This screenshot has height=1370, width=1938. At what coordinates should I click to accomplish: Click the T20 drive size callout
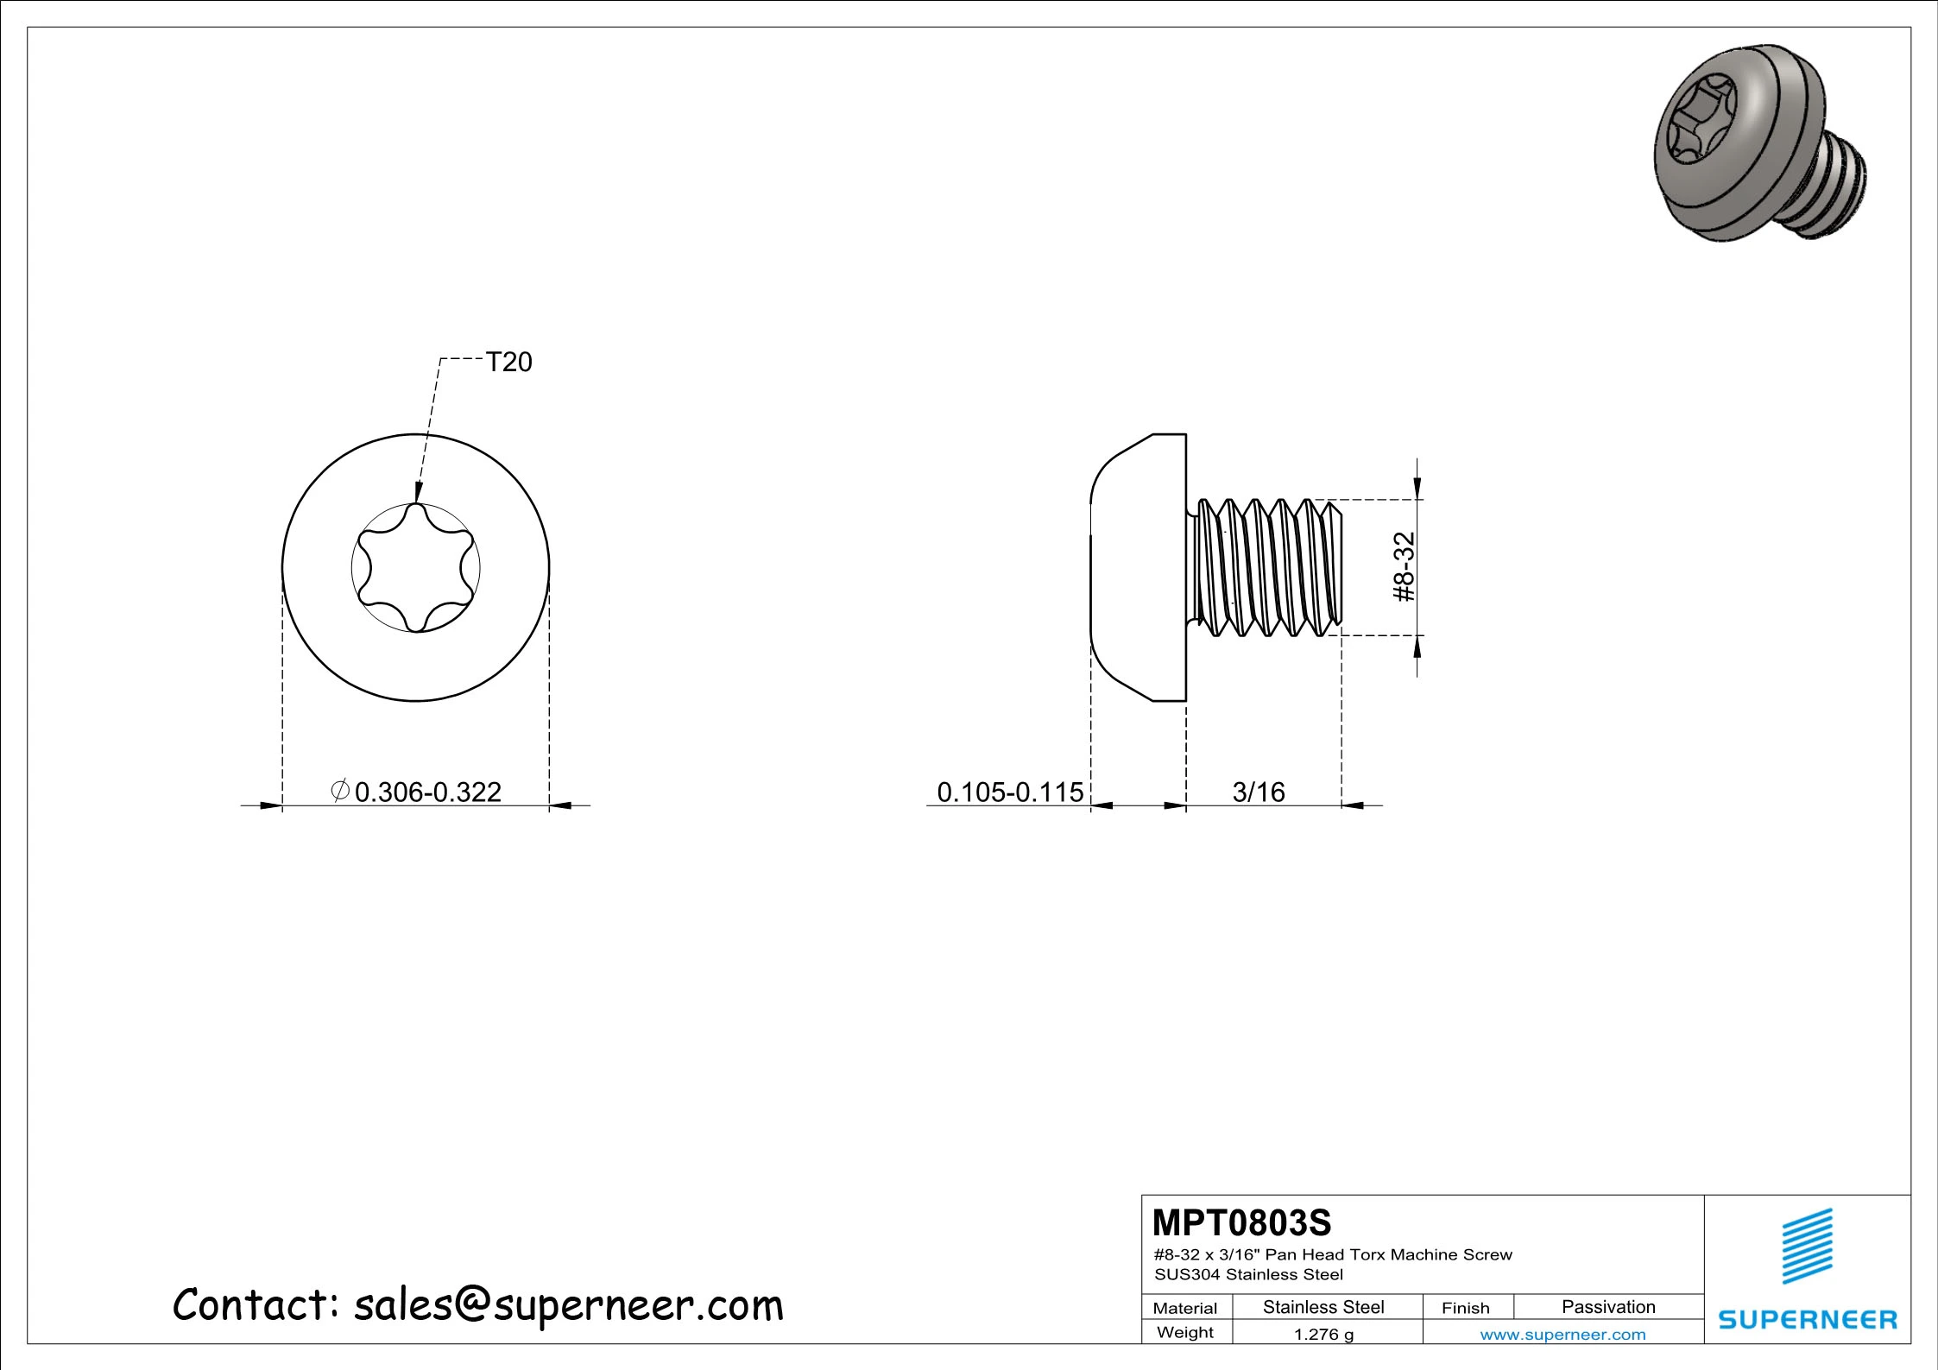(x=508, y=362)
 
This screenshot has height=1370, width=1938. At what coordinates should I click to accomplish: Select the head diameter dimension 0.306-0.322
(x=427, y=792)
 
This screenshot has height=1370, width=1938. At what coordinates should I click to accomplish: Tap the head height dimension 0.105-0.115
(x=1010, y=792)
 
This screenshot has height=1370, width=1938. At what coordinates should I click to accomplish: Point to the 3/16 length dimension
(x=1259, y=792)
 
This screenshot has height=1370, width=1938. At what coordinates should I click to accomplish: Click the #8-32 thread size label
(x=1405, y=566)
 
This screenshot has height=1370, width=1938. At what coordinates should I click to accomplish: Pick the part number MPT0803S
(x=1242, y=1222)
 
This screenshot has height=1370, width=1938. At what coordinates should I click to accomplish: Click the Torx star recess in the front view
(x=416, y=567)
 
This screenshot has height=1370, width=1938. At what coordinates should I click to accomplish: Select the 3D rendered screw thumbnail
(x=1762, y=142)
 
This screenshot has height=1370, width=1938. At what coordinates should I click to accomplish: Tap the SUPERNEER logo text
(x=1808, y=1319)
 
